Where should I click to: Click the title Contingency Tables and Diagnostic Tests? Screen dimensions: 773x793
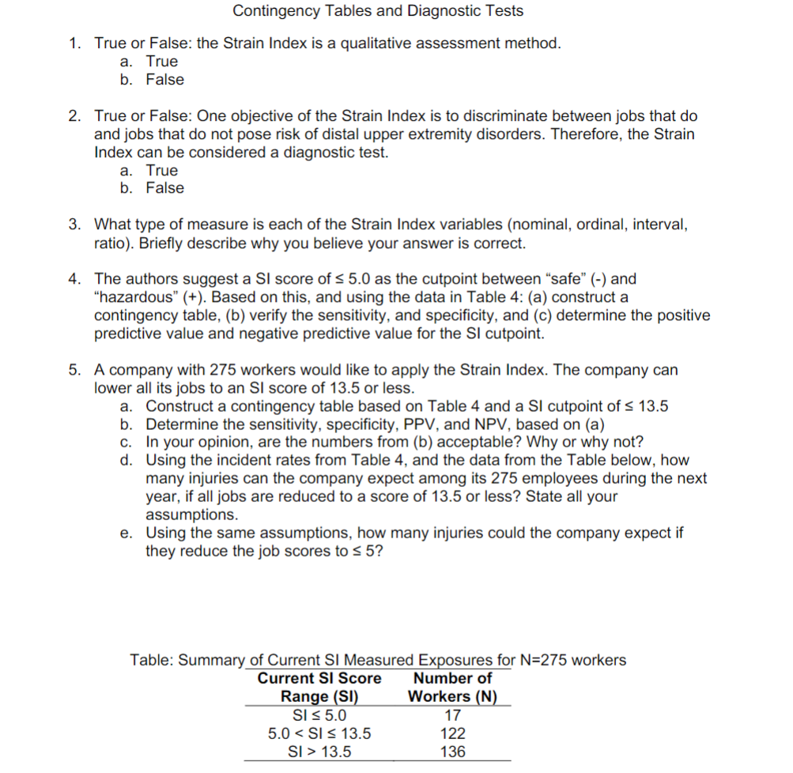click(x=378, y=11)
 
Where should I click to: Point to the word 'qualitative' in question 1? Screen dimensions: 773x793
click(x=373, y=43)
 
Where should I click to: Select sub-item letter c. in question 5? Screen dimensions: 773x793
click(x=126, y=441)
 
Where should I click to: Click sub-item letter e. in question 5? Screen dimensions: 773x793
click(x=126, y=533)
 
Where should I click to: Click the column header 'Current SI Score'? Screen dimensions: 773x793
click(x=319, y=678)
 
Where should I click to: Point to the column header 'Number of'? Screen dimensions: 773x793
click(x=452, y=678)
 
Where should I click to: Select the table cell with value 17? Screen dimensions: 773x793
click(x=452, y=715)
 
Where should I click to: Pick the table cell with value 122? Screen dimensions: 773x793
click(x=452, y=733)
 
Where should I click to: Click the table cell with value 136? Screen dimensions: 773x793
click(x=452, y=752)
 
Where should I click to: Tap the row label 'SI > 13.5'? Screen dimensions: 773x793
click(x=319, y=752)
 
